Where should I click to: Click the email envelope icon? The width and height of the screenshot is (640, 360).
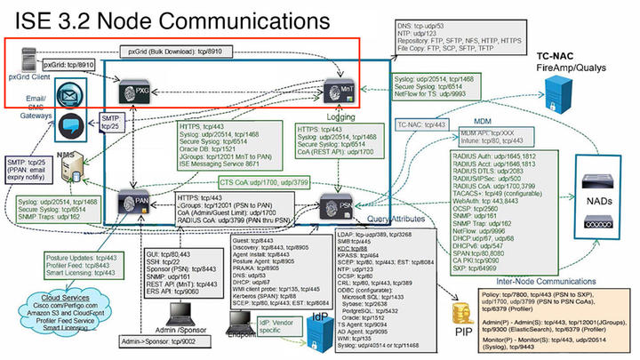click(x=68, y=96)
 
